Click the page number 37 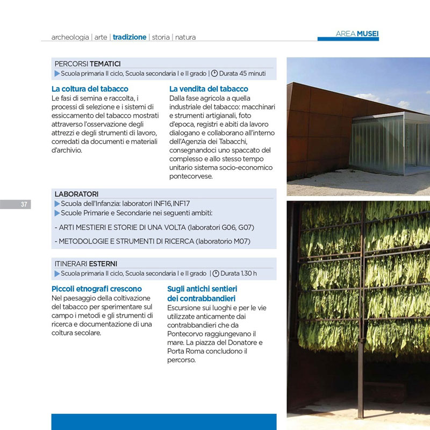[x=24, y=204]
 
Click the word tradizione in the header [x=129, y=37]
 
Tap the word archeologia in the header [x=70, y=38]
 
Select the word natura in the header [x=185, y=38]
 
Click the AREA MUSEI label [x=357, y=34]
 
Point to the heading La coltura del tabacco [x=90, y=89]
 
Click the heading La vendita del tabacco [x=209, y=89]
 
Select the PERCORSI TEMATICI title [x=88, y=63]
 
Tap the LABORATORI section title [x=76, y=193]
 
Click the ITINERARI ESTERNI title [x=86, y=264]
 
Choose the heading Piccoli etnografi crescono [x=97, y=289]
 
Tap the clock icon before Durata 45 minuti [x=214, y=73]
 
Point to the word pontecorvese [x=191, y=176]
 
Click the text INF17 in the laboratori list [x=181, y=204]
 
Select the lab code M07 [x=240, y=241]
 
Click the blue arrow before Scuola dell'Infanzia [x=58, y=204]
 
